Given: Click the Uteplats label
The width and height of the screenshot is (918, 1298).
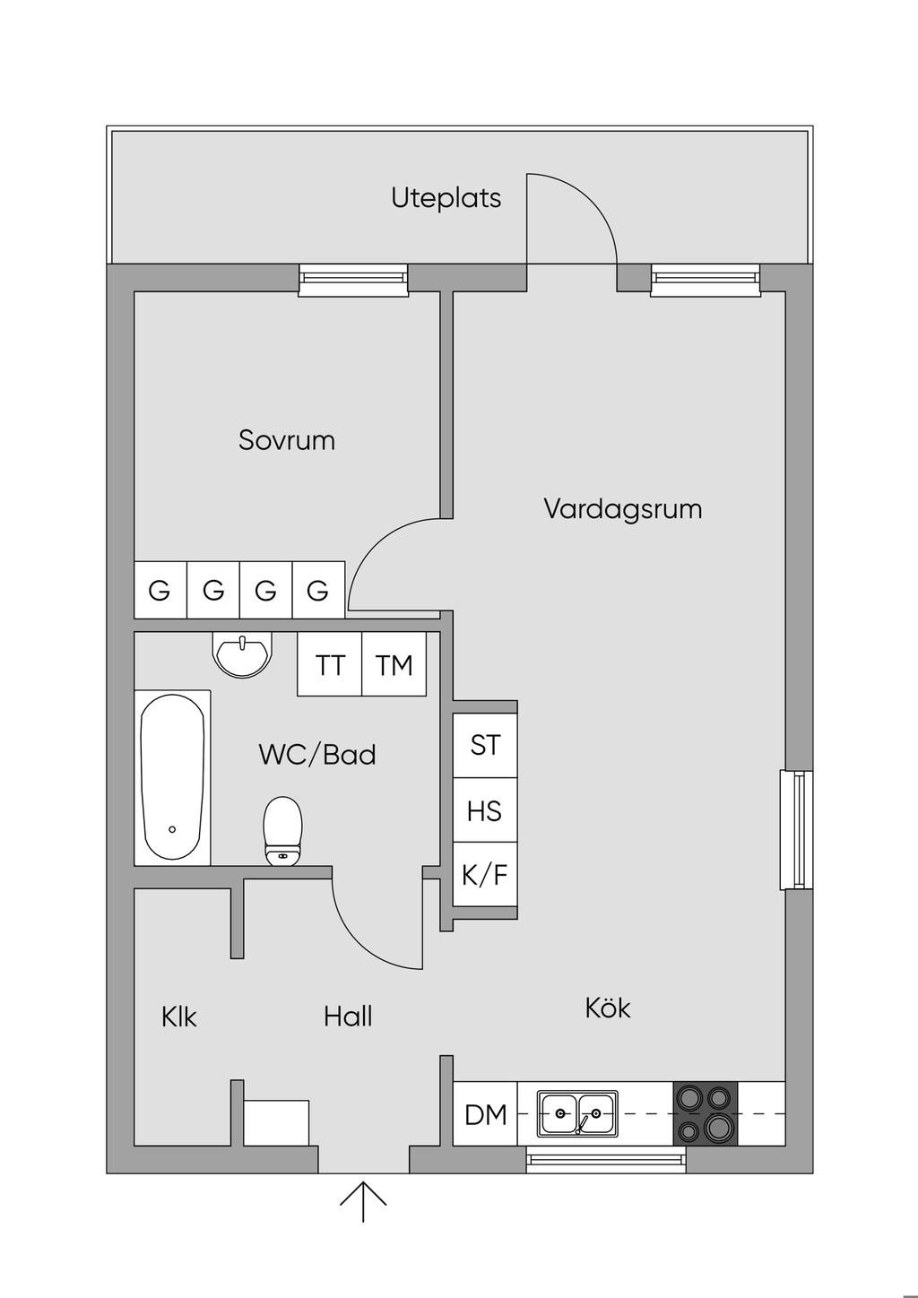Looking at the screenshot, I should point(446,197).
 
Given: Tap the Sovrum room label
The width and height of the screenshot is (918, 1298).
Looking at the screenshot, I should point(287,440).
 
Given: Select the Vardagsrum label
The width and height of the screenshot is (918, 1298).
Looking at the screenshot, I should point(622,509).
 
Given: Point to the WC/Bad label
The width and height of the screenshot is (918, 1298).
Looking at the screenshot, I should point(317,755).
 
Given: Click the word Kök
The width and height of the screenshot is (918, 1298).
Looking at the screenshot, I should point(608,1008).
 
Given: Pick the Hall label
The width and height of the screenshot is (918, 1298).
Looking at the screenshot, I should point(348,1017).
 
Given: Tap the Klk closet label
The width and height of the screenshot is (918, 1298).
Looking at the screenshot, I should point(179,1017).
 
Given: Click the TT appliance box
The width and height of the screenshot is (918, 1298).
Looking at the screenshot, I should point(330,664).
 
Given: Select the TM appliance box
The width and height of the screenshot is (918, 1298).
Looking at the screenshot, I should point(394,664).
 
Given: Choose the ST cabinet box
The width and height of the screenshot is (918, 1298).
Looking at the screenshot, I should point(485,745).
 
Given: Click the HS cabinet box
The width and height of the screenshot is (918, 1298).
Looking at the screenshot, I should point(485,810).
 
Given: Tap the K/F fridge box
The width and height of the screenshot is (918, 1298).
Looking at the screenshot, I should point(485,874).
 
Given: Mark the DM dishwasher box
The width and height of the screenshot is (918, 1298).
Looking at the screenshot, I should point(486,1114).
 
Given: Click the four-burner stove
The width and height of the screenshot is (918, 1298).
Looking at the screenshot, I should point(706,1113).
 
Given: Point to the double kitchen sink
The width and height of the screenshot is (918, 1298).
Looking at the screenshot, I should point(577,1113).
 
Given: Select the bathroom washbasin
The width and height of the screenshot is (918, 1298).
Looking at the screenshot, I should point(242,653).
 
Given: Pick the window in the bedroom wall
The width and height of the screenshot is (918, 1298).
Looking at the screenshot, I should point(353,280).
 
